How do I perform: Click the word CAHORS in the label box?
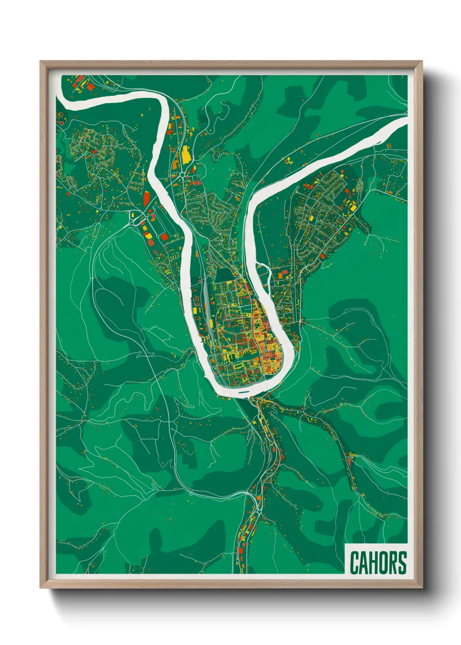(x=377, y=563)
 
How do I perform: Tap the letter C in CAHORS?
(x=354, y=563)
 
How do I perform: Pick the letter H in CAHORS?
(x=373, y=563)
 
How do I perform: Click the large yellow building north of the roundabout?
(x=186, y=155)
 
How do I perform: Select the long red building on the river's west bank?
(x=146, y=198)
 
